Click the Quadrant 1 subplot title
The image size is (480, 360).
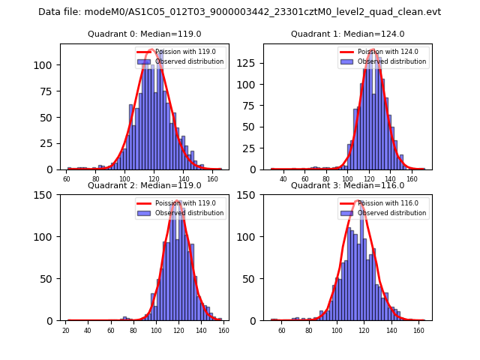click(x=347, y=34)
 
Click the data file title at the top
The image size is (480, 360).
click(x=240, y=12)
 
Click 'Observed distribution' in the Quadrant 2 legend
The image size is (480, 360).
click(x=189, y=213)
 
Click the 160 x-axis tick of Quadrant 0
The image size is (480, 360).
click(x=213, y=179)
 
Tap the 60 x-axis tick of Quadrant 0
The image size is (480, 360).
click(x=67, y=179)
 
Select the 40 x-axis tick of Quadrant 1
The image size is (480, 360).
click(x=283, y=179)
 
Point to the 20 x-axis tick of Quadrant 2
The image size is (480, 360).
click(x=66, y=330)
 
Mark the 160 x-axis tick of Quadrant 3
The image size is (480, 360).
click(x=418, y=330)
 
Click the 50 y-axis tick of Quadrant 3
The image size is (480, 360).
click(x=251, y=279)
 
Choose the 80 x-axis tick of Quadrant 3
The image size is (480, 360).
click(x=309, y=330)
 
